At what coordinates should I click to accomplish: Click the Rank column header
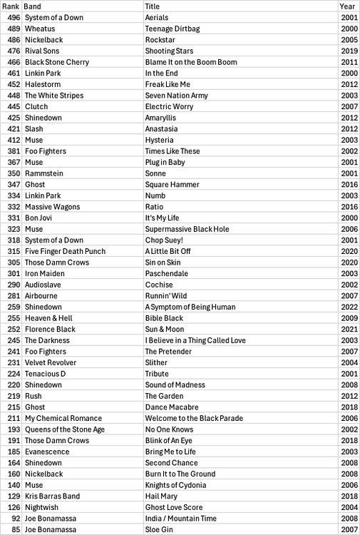click(11, 6)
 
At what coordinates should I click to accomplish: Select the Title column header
click(152, 6)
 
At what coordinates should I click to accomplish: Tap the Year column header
click(347, 6)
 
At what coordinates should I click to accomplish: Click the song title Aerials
click(157, 17)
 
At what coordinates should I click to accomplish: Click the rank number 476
click(14, 51)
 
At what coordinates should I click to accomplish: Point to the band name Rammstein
click(43, 173)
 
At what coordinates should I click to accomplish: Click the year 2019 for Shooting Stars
click(349, 51)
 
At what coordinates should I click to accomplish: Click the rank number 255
click(14, 318)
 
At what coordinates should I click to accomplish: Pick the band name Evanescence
click(47, 452)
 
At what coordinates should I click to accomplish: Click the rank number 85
click(16, 529)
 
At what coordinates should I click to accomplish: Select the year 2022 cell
click(349, 307)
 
